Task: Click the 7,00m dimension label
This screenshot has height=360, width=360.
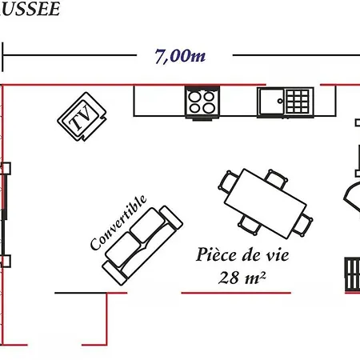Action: pos(180,56)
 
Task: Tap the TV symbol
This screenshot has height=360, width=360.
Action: pos(82,117)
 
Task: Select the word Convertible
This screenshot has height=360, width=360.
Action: pos(118,222)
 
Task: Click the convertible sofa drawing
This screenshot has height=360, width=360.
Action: pos(142,245)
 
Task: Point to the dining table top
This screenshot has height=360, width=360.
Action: pos(266,203)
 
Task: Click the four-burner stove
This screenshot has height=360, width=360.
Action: pos(202,102)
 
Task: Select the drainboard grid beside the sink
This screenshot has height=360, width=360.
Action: pos(298,102)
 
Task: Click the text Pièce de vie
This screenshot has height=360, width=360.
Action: pos(242,255)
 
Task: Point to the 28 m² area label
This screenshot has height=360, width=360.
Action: pos(242,278)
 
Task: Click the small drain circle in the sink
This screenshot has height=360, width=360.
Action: pos(280,101)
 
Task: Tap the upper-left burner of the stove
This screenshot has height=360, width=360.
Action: pos(195,97)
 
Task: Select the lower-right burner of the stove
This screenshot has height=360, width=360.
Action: pos(209,108)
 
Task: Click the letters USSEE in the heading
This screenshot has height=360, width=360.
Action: pos(30,9)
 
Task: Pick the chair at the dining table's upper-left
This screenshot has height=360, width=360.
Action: pos(229,182)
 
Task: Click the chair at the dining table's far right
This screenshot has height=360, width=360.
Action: pos(303,224)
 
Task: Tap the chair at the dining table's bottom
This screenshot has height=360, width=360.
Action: pos(250,226)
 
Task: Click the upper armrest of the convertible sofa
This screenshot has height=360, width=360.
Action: pos(171,218)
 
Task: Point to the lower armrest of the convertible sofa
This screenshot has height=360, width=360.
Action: pos(114,273)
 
